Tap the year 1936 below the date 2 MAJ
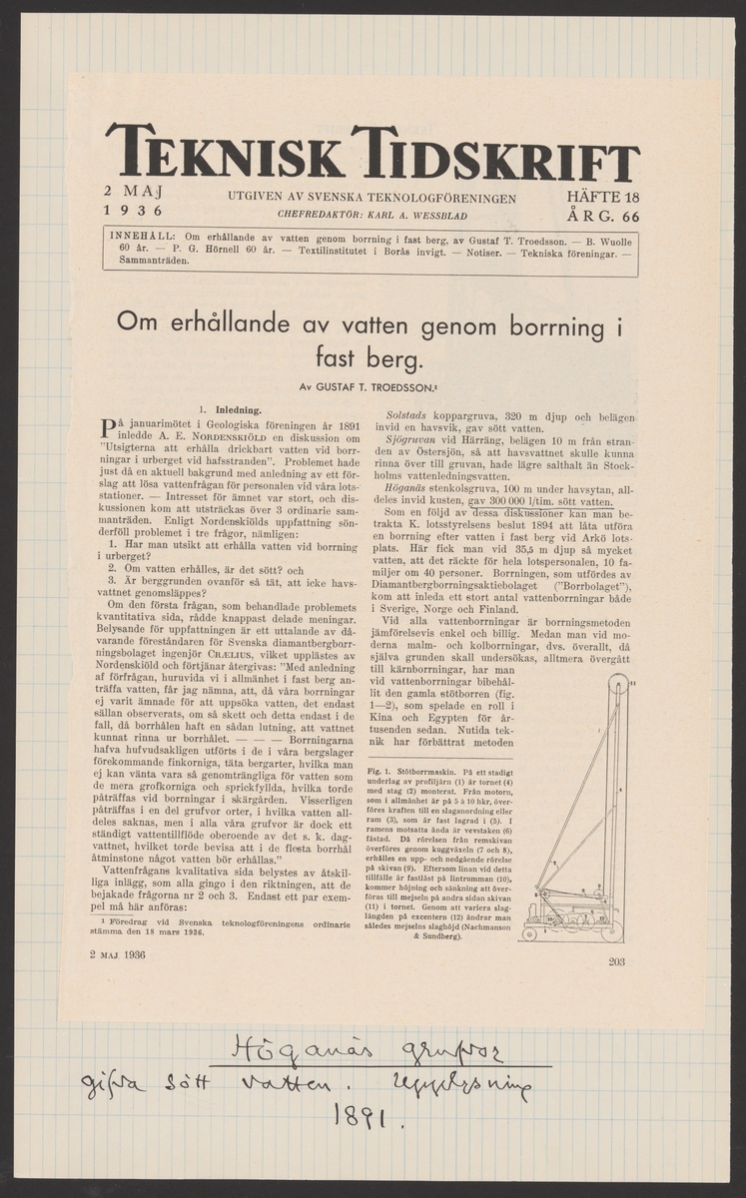tap(134, 211)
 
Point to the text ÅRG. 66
tap(602, 216)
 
